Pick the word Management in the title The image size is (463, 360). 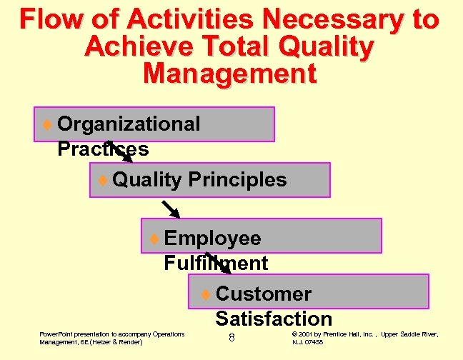[229, 74]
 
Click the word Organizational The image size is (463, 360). [129, 124]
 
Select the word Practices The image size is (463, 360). [103, 149]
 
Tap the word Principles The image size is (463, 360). [237, 179]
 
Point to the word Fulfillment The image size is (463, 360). [216, 263]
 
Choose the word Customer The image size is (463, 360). [263, 294]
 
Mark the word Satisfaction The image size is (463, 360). [274, 319]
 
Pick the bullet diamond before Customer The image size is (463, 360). [205, 294]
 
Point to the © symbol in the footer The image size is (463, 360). [296, 334]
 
